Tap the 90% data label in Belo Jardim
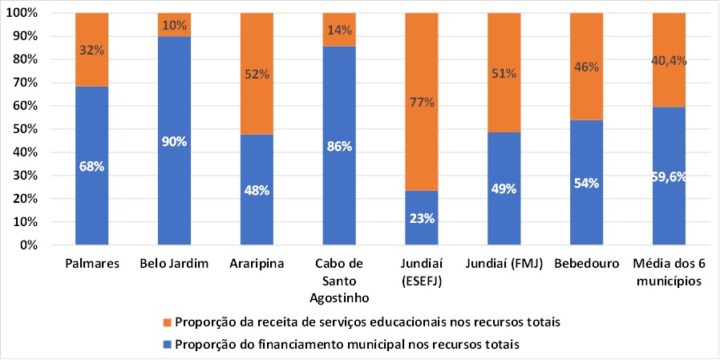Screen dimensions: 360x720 click(174, 142)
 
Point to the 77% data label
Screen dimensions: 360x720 click(422, 102)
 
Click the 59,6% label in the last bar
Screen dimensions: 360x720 click(669, 178)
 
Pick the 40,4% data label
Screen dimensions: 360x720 click(669, 59)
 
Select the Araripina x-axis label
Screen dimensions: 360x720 click(257, 262)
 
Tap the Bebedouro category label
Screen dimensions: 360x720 click(587, 262)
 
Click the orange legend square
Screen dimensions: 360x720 click(166, 322)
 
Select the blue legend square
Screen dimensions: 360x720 click(166, 344)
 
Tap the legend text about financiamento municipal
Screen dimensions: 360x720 click(348, 344)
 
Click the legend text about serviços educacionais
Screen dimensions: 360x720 click(366, 322)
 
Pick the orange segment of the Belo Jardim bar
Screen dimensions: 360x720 click(174, 25)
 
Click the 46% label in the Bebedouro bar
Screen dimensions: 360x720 click(587, 67)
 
